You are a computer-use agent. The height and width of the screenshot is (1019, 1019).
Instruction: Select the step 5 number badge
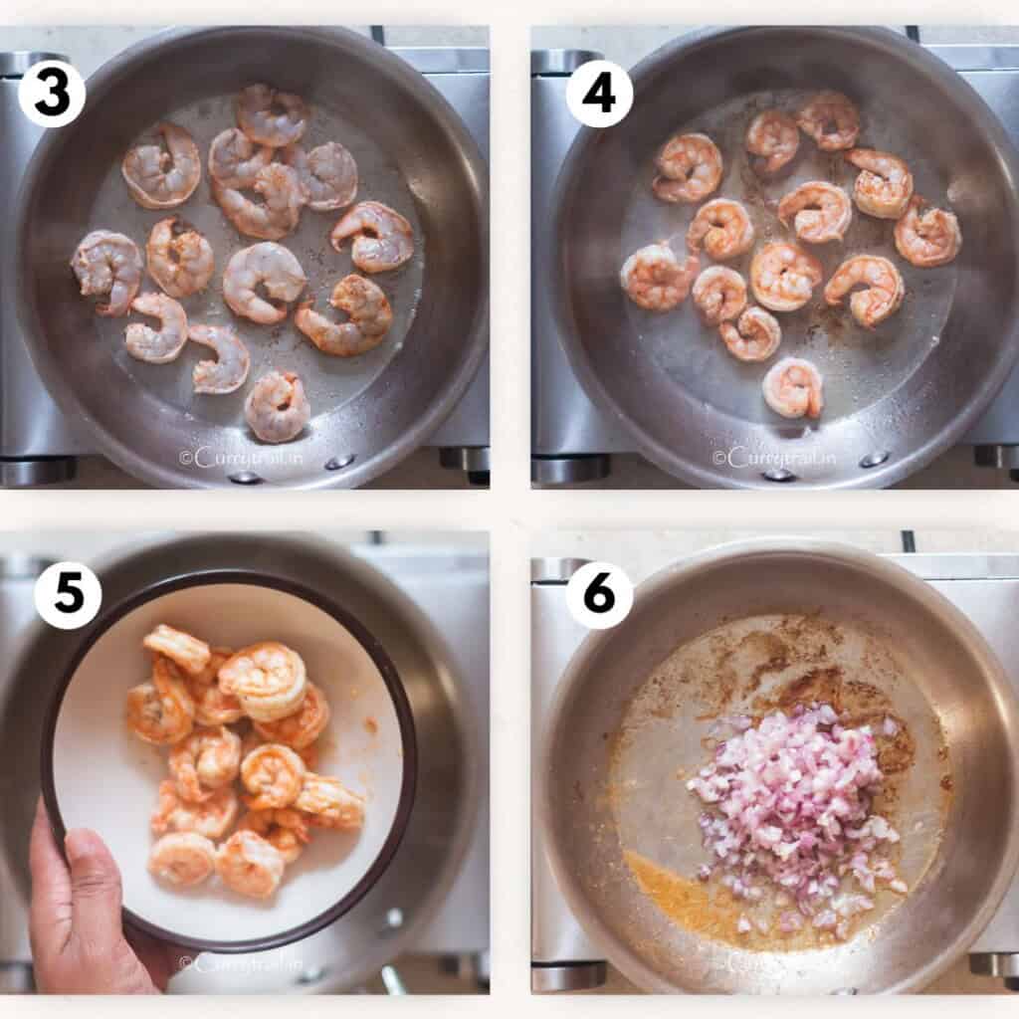tap(68, 596)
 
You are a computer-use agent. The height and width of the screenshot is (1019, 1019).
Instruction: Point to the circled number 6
tap(599, 596)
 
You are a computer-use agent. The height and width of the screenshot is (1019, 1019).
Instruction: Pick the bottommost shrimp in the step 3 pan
tap(277, 406)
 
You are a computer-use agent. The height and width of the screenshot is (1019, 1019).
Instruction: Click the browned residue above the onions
tap(796, 667)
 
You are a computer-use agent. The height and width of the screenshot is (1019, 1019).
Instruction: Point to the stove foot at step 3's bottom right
tap(466, 460)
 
